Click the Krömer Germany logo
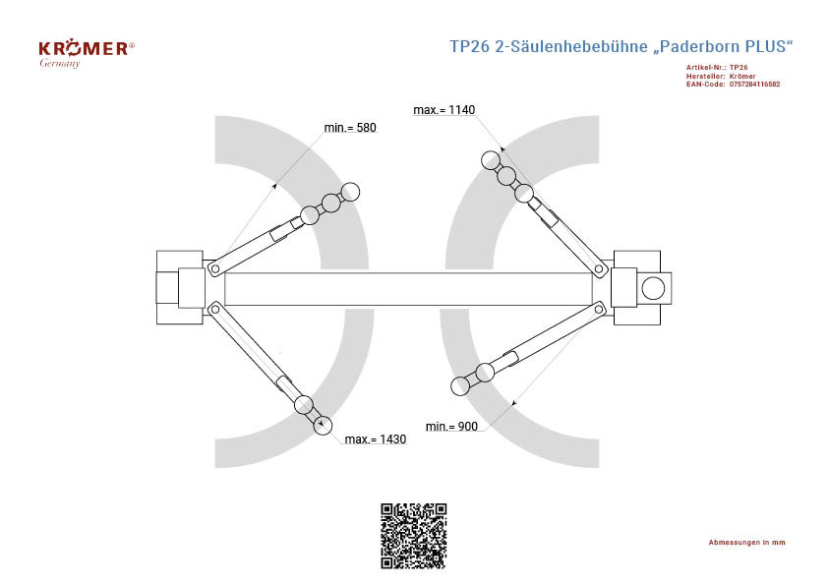click(x=87, y=54)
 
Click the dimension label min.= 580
click(x=350, y=128)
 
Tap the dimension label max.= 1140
click(x=444, y=110)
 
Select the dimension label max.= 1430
click(x=376, y=439)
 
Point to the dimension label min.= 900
click(x=451, y=427)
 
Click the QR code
click(x=414, y=536)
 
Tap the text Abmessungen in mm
click(x=746, y=543)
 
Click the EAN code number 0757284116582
click(x=754, y=84)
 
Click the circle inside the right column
click(x=653, y=288)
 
